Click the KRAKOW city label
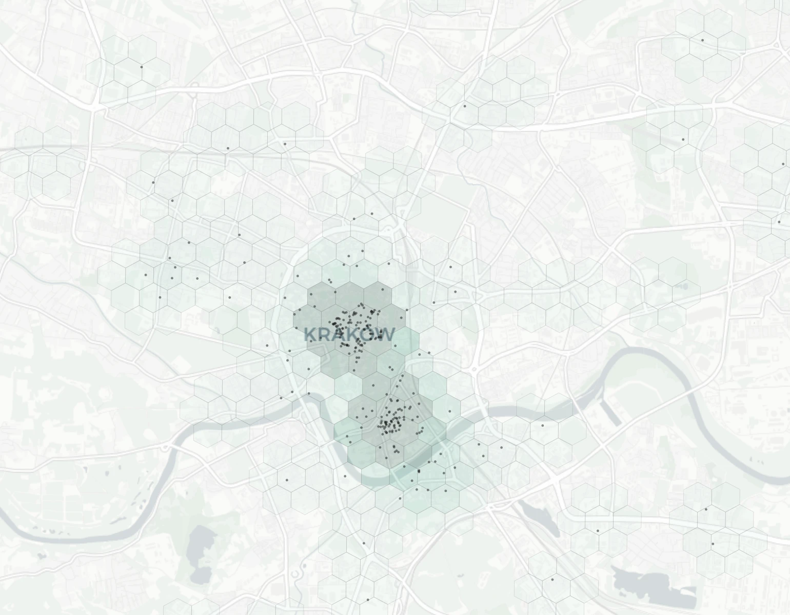point(349,335)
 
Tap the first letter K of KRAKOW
point(309,335)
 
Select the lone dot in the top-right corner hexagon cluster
point(703,40)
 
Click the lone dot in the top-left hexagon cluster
point(142,67)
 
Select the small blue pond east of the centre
point(684,286)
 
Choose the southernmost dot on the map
point(368,600)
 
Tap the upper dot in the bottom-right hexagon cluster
point(706,509)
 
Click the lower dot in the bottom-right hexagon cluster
point(713,544)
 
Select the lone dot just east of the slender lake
point(598,531)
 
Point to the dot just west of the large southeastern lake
point(552,580)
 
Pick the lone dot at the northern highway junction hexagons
point(465,106)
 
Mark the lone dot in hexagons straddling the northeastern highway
point(683,139)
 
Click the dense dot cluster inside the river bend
point(392,423)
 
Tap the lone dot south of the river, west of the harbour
point(542,425)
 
